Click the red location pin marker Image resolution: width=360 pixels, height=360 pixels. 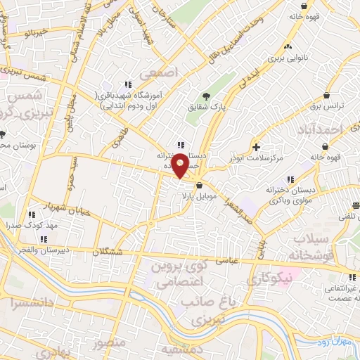tap(180, 165)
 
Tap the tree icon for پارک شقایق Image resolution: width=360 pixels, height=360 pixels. tap(205, 96)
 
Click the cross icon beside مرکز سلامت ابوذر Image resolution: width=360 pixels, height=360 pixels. tap(257, 147)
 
